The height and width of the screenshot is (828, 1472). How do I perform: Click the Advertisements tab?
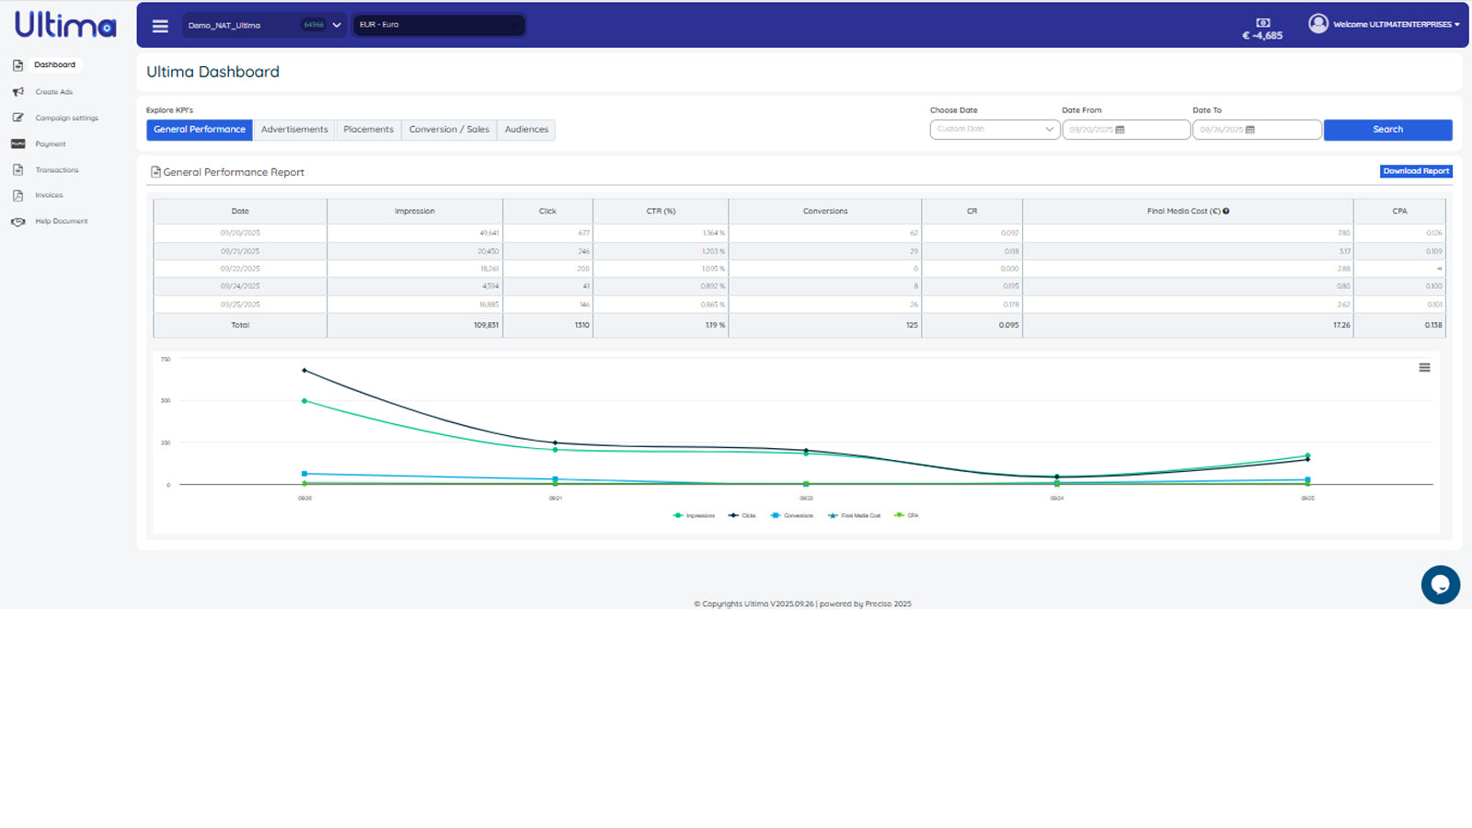tap(293, 130)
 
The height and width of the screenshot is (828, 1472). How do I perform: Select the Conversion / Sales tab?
tap(449, 130)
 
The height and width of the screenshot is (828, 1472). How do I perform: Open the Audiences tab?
tap(526, 130)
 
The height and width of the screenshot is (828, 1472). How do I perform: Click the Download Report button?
tap(1416, 171)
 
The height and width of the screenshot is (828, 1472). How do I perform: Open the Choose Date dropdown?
tap(995, 130)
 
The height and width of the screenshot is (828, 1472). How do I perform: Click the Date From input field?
tap(1125, 130)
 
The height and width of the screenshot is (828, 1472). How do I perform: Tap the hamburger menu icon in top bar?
tap(160, 26)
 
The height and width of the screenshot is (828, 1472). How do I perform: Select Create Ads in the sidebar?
tap(53, 92)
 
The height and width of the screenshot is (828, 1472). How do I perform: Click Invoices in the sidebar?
tap(49, 195)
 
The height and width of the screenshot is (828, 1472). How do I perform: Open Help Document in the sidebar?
tap(61, 222)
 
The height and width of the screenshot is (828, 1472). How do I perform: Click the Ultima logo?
tap(65, 25)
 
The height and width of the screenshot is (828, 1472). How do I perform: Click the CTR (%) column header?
tap(661, 212)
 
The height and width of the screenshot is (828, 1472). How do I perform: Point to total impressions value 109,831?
tap(486, 326)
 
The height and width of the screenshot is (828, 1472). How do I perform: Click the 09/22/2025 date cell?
tap(240, 269)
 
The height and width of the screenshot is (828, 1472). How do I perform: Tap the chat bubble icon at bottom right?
tap(1440, 585)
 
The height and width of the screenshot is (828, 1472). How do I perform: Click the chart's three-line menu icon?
tap(1424, 368)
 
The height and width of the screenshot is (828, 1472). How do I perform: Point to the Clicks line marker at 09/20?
tap(305, 371)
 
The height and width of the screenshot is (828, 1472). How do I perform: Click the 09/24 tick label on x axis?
tap(1057, 499)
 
